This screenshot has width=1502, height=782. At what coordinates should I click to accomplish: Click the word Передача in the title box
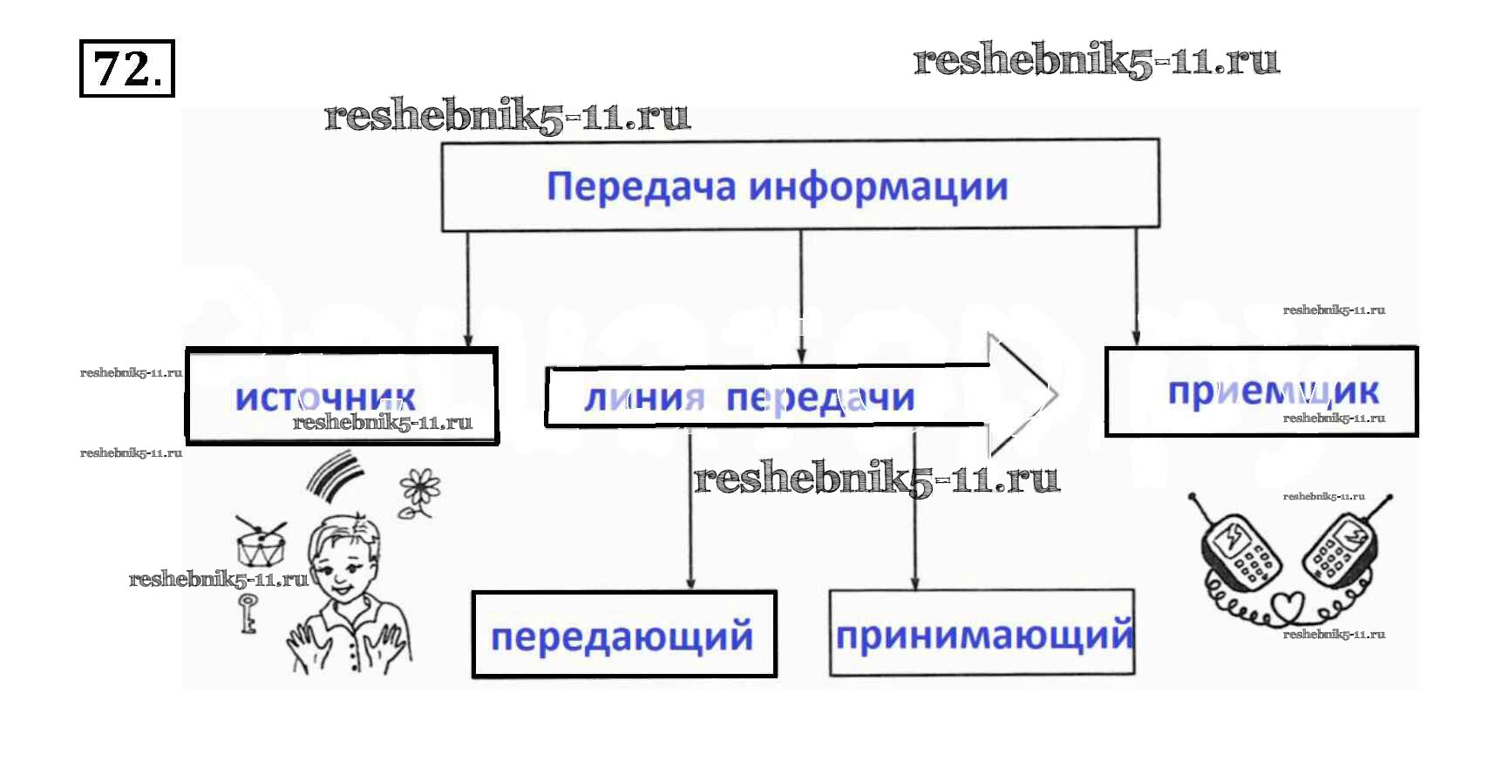641,187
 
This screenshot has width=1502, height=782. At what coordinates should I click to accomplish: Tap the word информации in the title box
879,187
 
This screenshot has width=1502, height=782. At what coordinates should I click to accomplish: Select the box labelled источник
342,396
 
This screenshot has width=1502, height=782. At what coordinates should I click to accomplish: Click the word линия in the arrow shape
643,398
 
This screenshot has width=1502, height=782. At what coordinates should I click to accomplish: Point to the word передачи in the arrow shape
820,398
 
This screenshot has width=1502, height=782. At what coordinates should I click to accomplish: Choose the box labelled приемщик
1261,391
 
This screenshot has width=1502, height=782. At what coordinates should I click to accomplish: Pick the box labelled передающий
623,635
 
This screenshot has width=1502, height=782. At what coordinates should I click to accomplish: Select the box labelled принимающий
982,633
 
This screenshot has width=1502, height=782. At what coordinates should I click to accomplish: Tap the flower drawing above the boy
420,492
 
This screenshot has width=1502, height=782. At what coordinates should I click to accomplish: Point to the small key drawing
248,613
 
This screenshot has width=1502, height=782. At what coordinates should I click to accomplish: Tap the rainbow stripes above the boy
335,475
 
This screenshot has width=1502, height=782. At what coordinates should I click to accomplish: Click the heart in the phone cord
1288,604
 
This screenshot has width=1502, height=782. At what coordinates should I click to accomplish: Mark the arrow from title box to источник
468,288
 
